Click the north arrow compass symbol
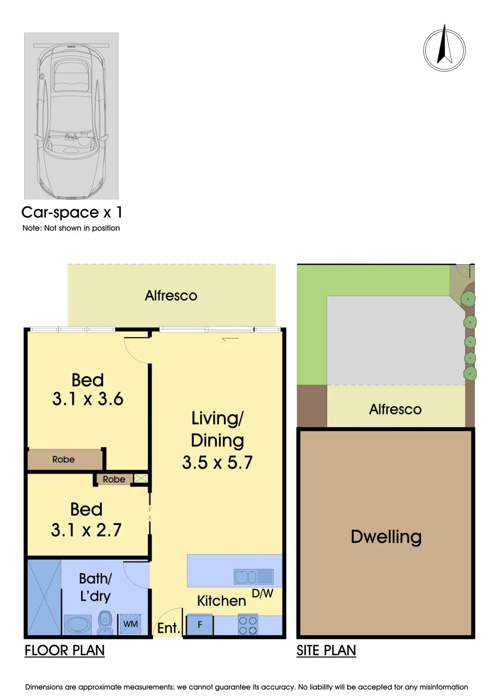[444, 49]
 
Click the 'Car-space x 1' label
[72, 212]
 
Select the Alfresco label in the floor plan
[171, 296]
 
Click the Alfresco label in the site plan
[395, 409]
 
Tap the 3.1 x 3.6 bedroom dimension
[88, 399]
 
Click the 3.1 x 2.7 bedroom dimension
[86, 530]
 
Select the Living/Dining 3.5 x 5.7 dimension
[217, 462]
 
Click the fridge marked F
[200, 625]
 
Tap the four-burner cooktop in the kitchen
[248, 625]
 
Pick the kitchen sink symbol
[254, 577]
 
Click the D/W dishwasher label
[262, 593]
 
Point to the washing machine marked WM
[130, 624]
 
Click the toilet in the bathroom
[105, 623]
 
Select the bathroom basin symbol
[78, 625]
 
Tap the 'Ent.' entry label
[169, 628]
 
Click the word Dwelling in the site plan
[386, 537]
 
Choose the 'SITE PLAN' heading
[326, 650]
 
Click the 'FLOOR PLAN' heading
[65, 650]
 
